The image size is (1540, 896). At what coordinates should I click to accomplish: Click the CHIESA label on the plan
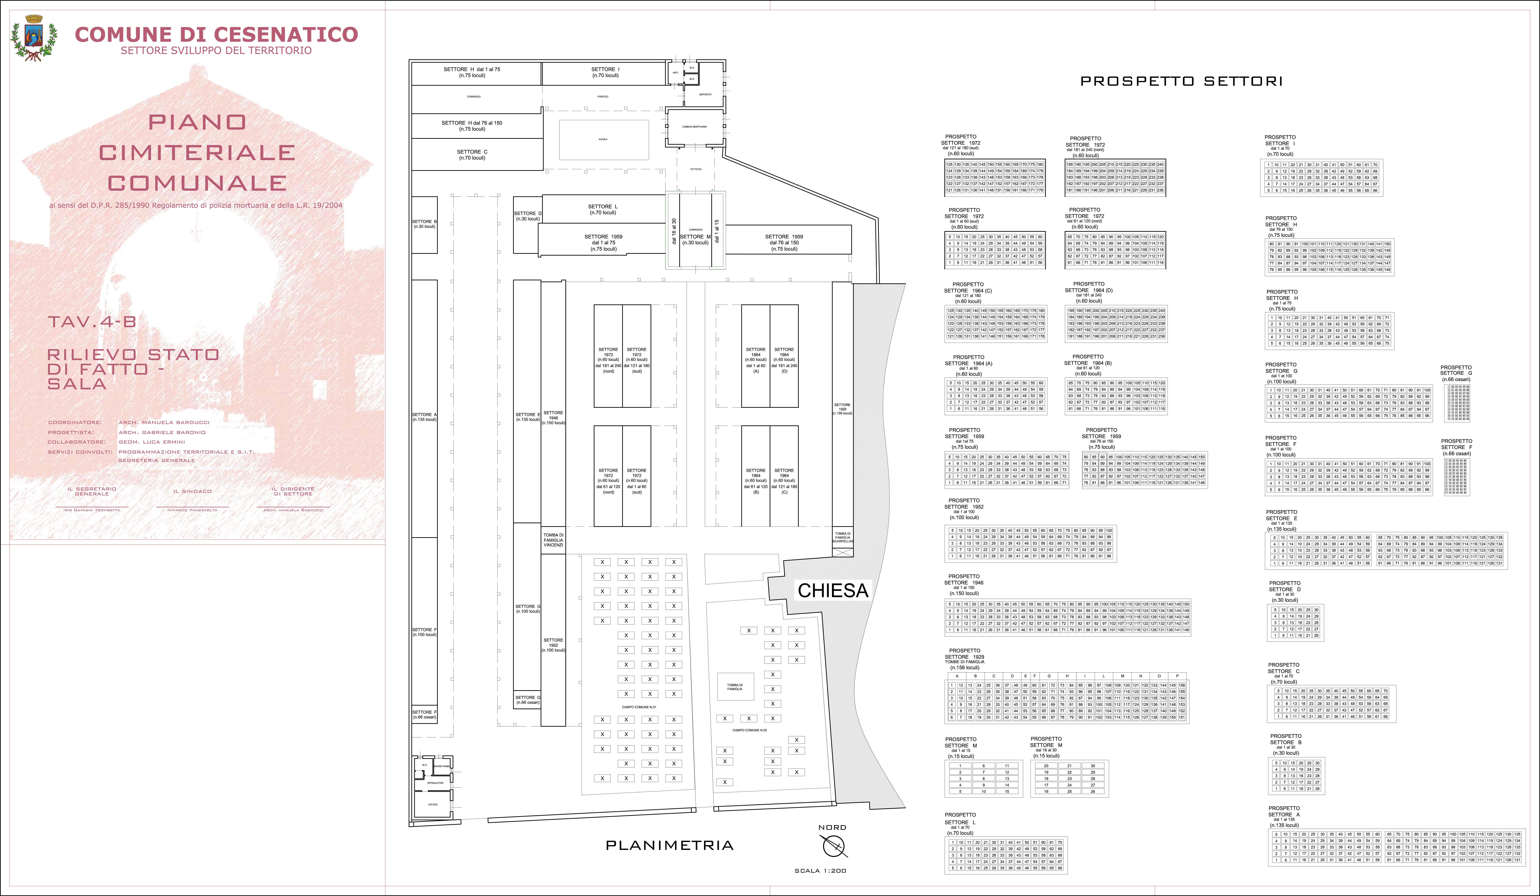[x=832, y=590]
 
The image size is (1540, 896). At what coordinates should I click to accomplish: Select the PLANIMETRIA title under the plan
[x=669, y=845]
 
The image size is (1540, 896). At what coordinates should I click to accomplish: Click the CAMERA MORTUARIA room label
[x=694, y=126]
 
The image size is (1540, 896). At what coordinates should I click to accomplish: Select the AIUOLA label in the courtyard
[x=603, y=139]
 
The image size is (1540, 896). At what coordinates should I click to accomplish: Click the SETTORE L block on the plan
[x=603, y=210]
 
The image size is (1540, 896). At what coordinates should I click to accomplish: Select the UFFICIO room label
[x=433, y=804]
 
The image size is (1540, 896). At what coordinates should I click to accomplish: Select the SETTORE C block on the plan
[x=472, y=155]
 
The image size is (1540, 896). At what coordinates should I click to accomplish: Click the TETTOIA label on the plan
[x=695, y=169]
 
